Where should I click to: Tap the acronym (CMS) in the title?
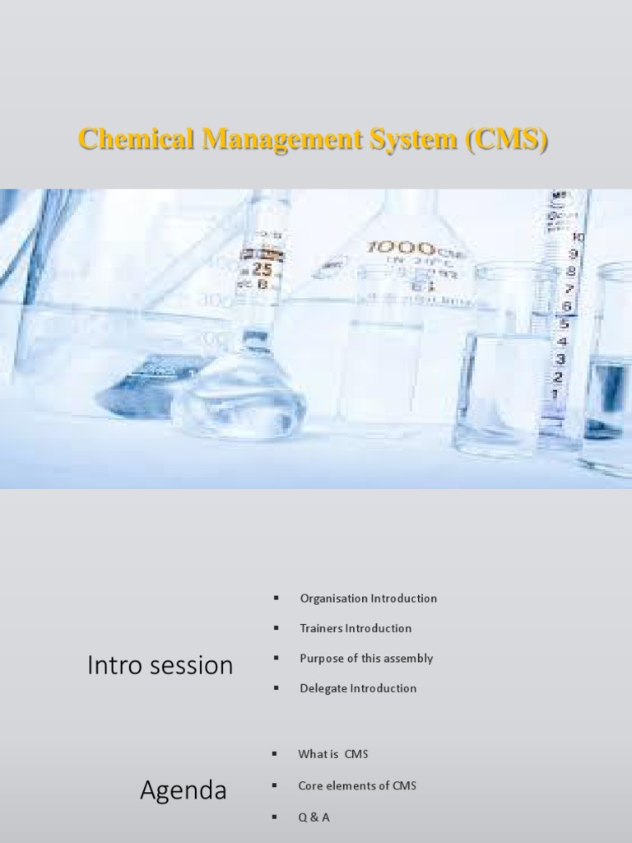coord(506,140)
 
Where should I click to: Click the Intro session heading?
coord(160,665)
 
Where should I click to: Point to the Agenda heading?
coord(183,791)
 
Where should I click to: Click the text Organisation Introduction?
coord(368,598)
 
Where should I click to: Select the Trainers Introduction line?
coord(355,628)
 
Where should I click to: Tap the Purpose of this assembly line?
coord(366,659)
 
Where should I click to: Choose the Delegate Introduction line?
coord(358,688)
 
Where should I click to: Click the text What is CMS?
coord(334,754)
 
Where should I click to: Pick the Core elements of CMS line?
coord(357,785)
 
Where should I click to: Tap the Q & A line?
coord(314,817)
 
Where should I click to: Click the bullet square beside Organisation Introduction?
coord(277,598)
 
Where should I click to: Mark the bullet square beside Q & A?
coord(274,817)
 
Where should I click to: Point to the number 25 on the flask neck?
coord(263,269)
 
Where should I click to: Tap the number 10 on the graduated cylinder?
coord(578,238)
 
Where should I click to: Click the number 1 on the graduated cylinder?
coord(554,394)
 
